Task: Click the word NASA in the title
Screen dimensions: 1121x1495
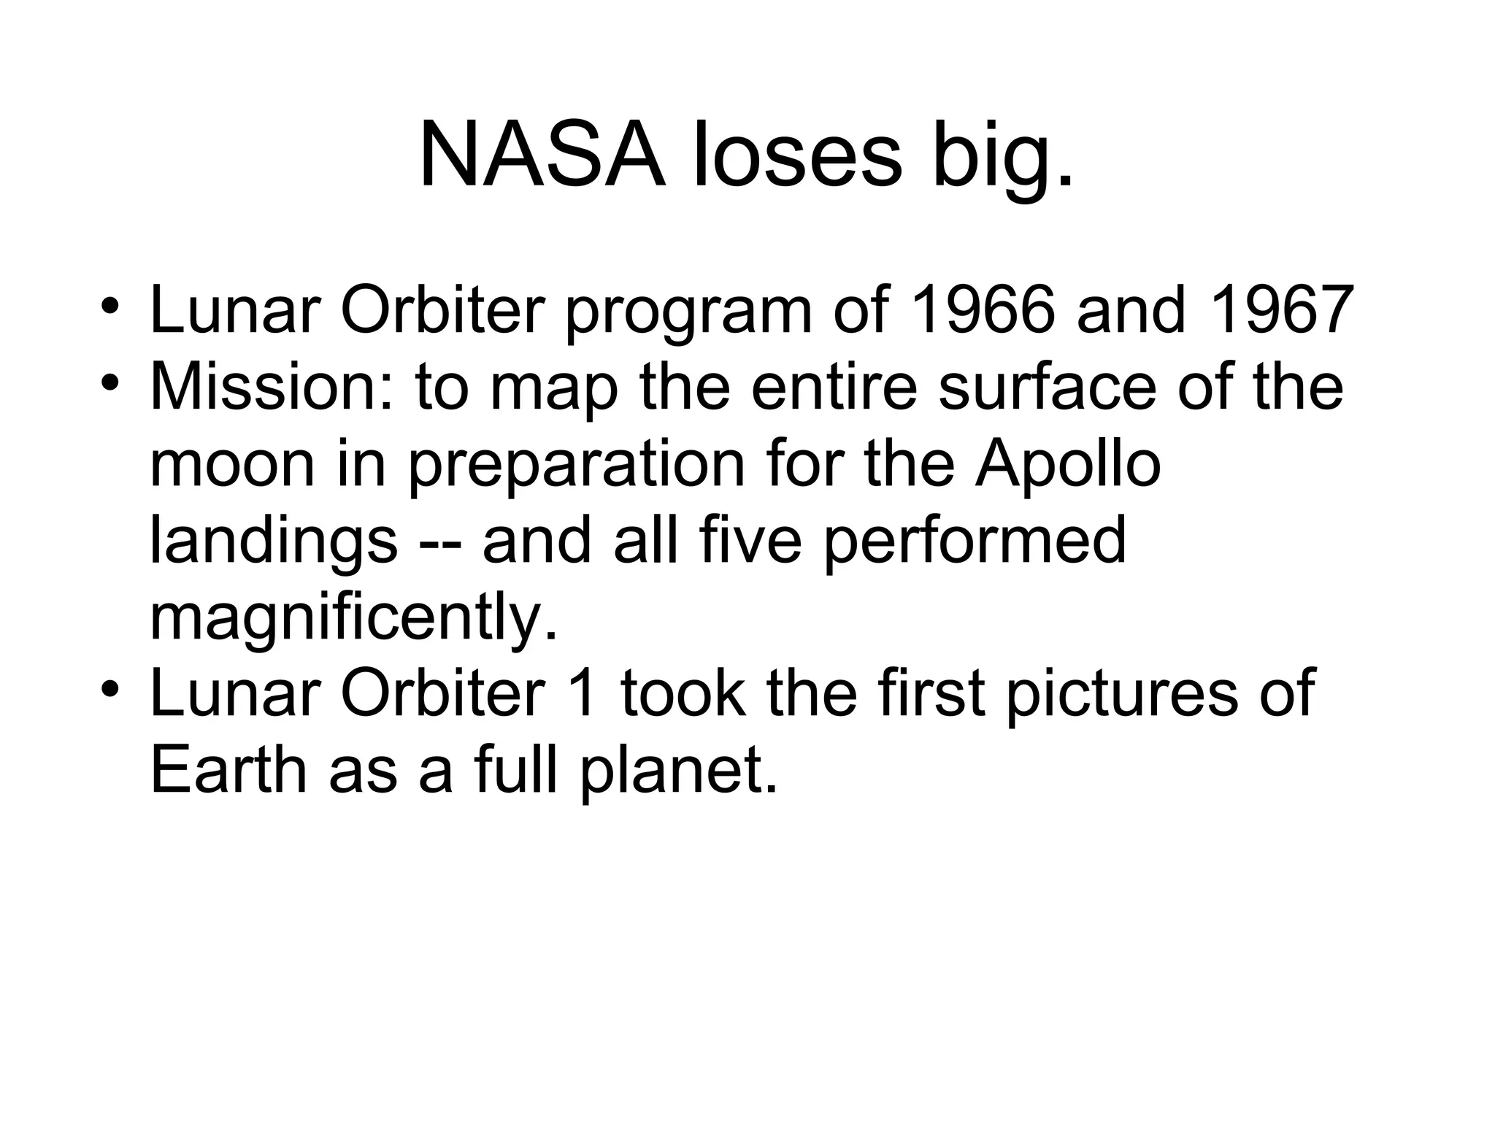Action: click(542, 157)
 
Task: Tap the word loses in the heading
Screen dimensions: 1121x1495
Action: click(798, 157)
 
